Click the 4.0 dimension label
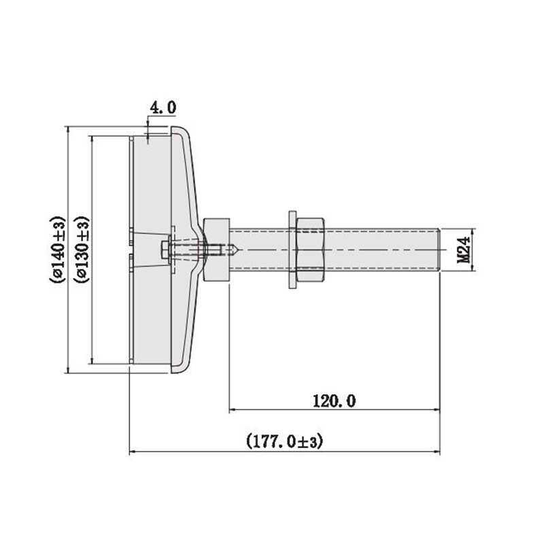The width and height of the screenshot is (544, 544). click(x=163, y=107)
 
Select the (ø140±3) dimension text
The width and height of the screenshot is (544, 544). click(x=57, y=250)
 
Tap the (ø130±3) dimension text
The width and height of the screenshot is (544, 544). click(x=82, y=250)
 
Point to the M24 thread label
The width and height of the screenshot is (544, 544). click(x=464, y=250)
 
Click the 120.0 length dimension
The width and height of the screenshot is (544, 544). click(x=334, y=401)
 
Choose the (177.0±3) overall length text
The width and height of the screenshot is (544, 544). click(x=284, y=441)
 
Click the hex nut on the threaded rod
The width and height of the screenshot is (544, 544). click(x=311, y=250)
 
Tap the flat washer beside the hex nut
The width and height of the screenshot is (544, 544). click(x=293, y=250)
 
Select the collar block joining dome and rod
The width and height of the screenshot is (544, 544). click(x=216, y=250)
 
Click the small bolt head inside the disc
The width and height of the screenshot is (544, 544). click(x=165, y=250)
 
